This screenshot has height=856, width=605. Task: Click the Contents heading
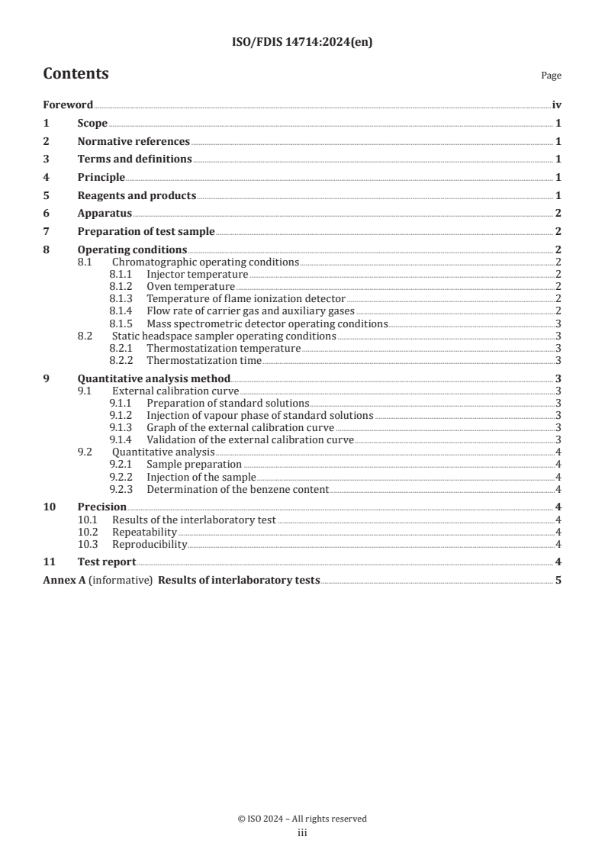point(76,74)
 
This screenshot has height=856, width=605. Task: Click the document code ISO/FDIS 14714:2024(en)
point(302,43)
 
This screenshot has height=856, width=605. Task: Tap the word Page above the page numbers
point(551,76)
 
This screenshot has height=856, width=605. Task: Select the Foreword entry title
point(68,105)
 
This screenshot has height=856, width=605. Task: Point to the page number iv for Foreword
point(556,105)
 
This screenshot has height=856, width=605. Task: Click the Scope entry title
point(92,123)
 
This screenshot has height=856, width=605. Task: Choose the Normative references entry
point(134,141)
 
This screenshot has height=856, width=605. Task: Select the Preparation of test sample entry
point(146,232)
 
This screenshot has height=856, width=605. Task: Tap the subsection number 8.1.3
point(121,299)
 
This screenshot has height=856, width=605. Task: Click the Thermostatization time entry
point(204,360)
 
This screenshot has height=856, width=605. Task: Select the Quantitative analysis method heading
point(154,378)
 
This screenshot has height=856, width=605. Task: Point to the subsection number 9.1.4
point(121,439)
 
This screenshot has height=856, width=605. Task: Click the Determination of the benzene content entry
point(238,489)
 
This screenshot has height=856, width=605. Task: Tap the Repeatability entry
point(144,532)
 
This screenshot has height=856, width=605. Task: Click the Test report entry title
point(107,562)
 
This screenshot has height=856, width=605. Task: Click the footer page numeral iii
point(302,834)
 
